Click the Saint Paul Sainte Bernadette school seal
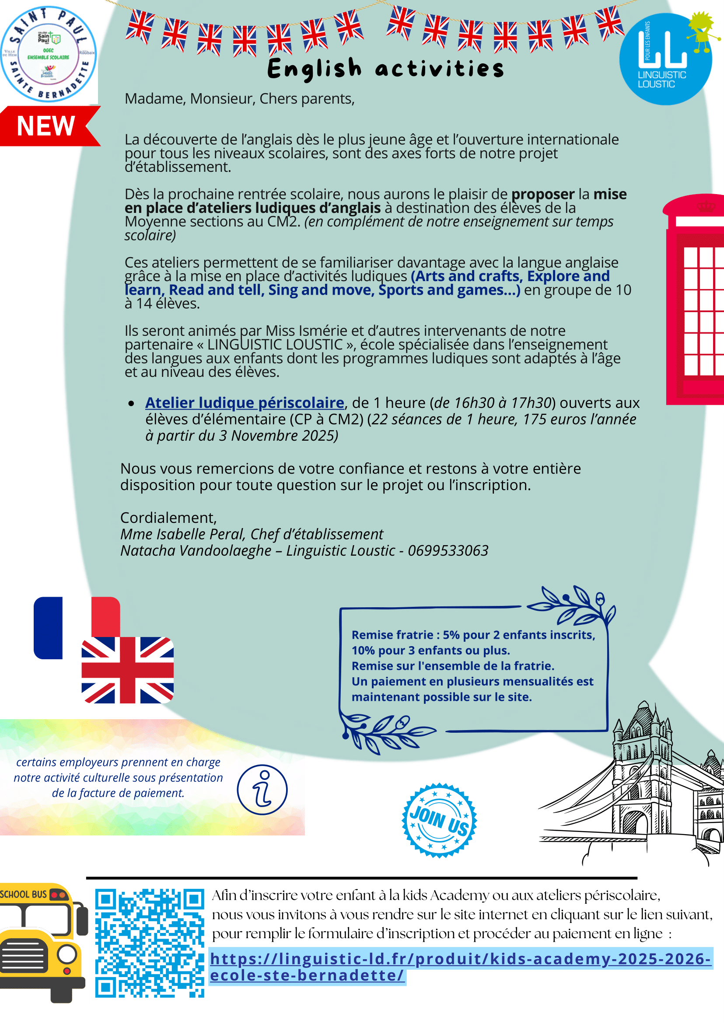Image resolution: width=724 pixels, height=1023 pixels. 48,54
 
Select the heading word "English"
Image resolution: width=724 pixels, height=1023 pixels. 314,70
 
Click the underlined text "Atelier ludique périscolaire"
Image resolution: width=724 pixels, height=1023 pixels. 244,403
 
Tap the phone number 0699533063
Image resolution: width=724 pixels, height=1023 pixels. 448,551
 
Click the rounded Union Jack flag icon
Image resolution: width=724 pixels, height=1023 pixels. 127,670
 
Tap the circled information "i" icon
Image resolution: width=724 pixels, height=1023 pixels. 262,790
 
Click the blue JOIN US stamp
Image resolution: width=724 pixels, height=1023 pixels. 440,820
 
